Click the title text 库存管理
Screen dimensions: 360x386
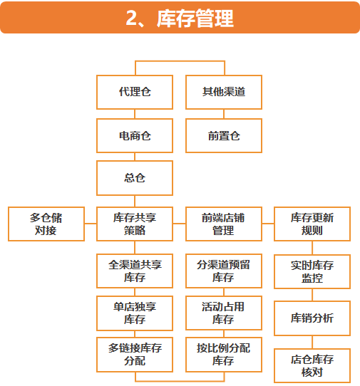(195, 18)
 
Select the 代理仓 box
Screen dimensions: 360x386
(135, 92)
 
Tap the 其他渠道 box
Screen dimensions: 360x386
(224, 92)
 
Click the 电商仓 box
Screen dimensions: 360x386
(135, 135)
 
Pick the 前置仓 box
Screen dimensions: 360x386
(224, 135)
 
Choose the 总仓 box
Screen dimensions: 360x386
(135, 178)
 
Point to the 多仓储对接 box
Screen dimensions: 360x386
(46, 224)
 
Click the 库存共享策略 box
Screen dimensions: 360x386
(135, 224)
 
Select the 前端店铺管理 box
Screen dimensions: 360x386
(224, 224)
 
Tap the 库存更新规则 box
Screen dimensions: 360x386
(312, 224)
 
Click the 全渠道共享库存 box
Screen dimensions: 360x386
(135, 271)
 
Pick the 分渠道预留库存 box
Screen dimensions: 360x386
(224, 271)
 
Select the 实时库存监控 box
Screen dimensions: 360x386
(312, 271)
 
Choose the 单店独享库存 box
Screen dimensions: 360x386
(135, 313)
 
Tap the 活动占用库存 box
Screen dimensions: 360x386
(224, 313)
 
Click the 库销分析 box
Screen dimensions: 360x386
(312, 318)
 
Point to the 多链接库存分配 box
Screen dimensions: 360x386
(135, 355)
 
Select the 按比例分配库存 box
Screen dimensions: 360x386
(224, 355)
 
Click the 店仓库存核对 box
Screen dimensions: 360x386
(312, 366)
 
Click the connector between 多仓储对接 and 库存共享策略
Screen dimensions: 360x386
(91, 224)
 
